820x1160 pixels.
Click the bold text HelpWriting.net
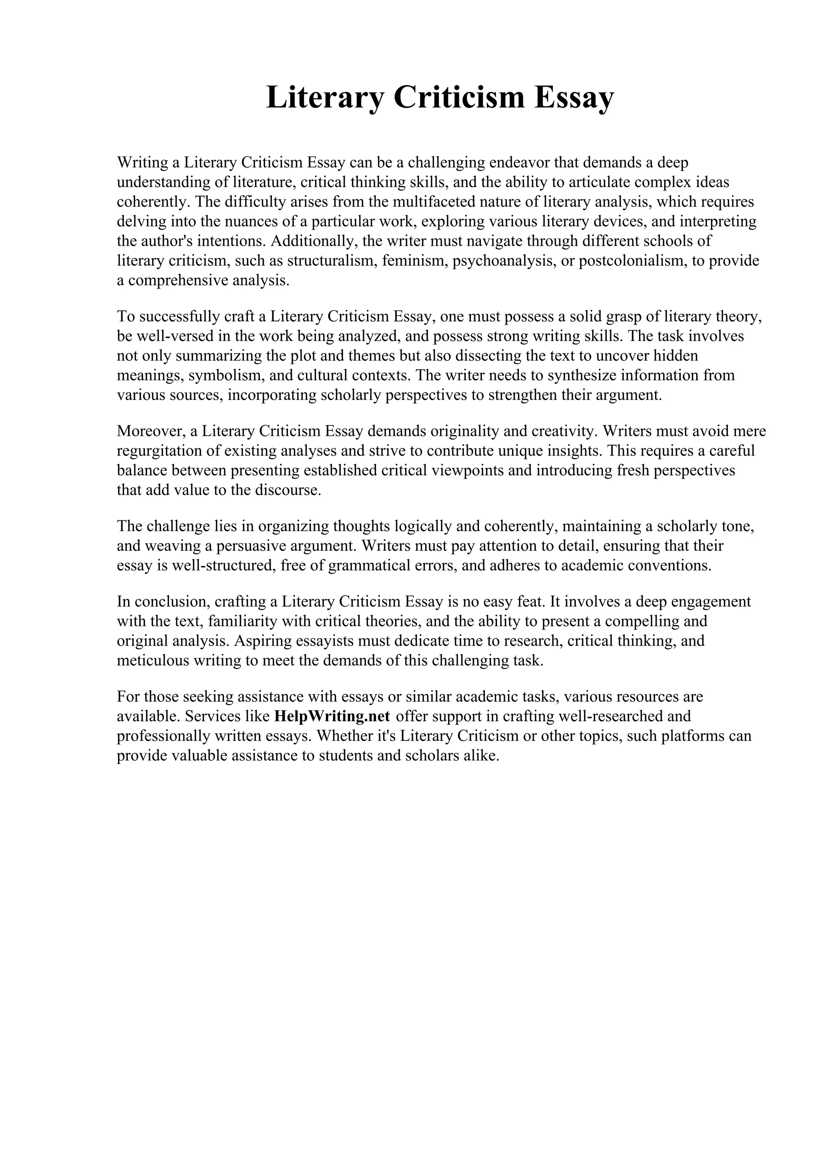[x=332, y=716]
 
